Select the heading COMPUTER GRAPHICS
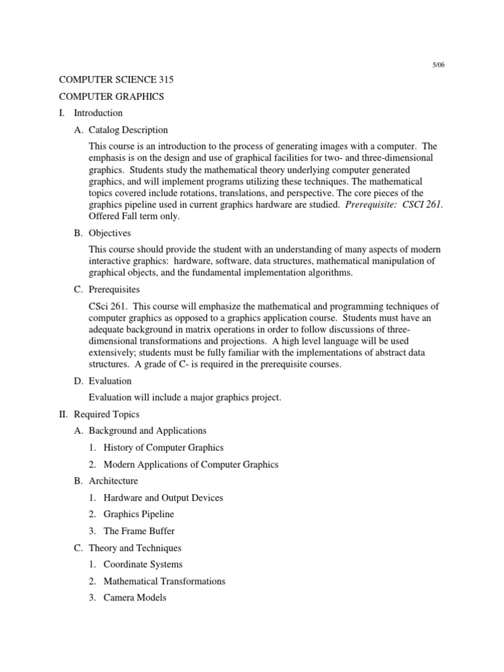pos(111,96)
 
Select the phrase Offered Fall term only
pos(134,217)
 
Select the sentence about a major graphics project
pos(184,398)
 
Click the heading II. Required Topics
pos(106,414)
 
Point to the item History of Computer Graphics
pos(163,448)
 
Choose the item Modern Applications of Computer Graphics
pos(190,465)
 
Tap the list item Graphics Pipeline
pos(138,514)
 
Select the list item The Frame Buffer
pos(139,531)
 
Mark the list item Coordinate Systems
pos(143,564)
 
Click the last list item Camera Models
pos(135,598)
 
